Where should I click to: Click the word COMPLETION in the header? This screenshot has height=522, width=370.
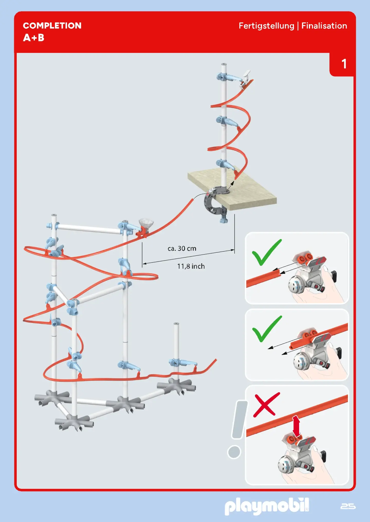(x=52, y=26)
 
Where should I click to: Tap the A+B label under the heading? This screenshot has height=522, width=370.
(x=34, y=38)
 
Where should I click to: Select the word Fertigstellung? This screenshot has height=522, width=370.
(x=266, y=26)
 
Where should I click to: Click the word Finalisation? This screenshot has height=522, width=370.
(x=324, y=26)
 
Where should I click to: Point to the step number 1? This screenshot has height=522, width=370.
(x=344, y=64)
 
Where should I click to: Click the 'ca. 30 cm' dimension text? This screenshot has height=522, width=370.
(x=182, y=248)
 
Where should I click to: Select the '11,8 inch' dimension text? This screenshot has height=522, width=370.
(x=191, y=266)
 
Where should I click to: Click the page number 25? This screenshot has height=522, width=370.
(x=348, y=506)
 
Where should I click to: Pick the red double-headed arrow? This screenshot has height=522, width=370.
(x=296, y=426)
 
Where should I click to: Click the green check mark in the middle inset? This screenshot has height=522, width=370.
(x=266, y=329)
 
